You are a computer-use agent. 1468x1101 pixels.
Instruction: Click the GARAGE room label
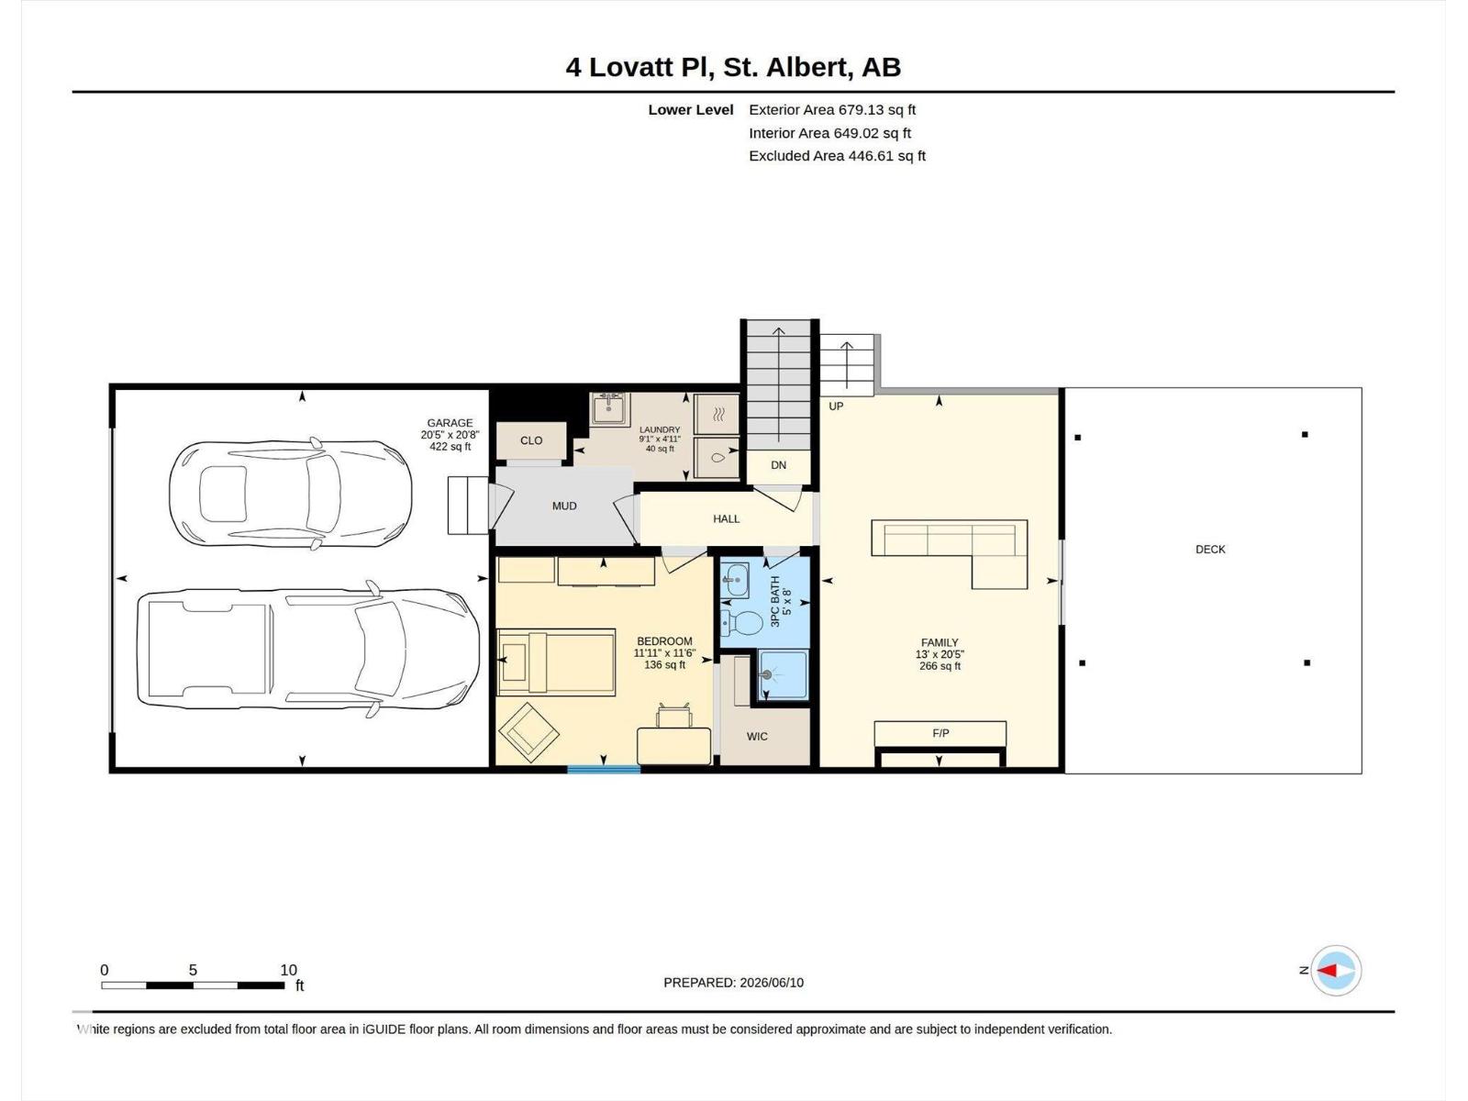[450, 422]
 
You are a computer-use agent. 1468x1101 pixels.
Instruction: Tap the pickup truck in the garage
[307, 649]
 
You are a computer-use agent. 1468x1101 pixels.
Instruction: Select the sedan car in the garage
[290, 494]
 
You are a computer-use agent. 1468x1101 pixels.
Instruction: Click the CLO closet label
[531, 440]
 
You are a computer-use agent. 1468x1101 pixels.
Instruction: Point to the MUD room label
[563, 506]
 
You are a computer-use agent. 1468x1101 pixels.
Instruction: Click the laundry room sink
[608, 408]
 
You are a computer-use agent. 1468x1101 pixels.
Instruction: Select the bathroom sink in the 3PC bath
[735, 580]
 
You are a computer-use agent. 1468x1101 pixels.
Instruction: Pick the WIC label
[756, 737]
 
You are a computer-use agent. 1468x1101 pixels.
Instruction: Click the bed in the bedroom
[556, 662]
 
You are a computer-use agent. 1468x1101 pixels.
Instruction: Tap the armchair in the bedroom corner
[528, 732]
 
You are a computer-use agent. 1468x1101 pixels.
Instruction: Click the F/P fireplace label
[940, 733]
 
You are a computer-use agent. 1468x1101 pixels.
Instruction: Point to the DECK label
[1210, 550]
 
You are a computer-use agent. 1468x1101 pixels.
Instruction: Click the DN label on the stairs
[778, 465]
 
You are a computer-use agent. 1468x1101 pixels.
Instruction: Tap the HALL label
[726, 518]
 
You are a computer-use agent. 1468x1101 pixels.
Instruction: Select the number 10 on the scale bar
[288, 970]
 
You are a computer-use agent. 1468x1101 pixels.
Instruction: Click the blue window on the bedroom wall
[604, 770]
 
